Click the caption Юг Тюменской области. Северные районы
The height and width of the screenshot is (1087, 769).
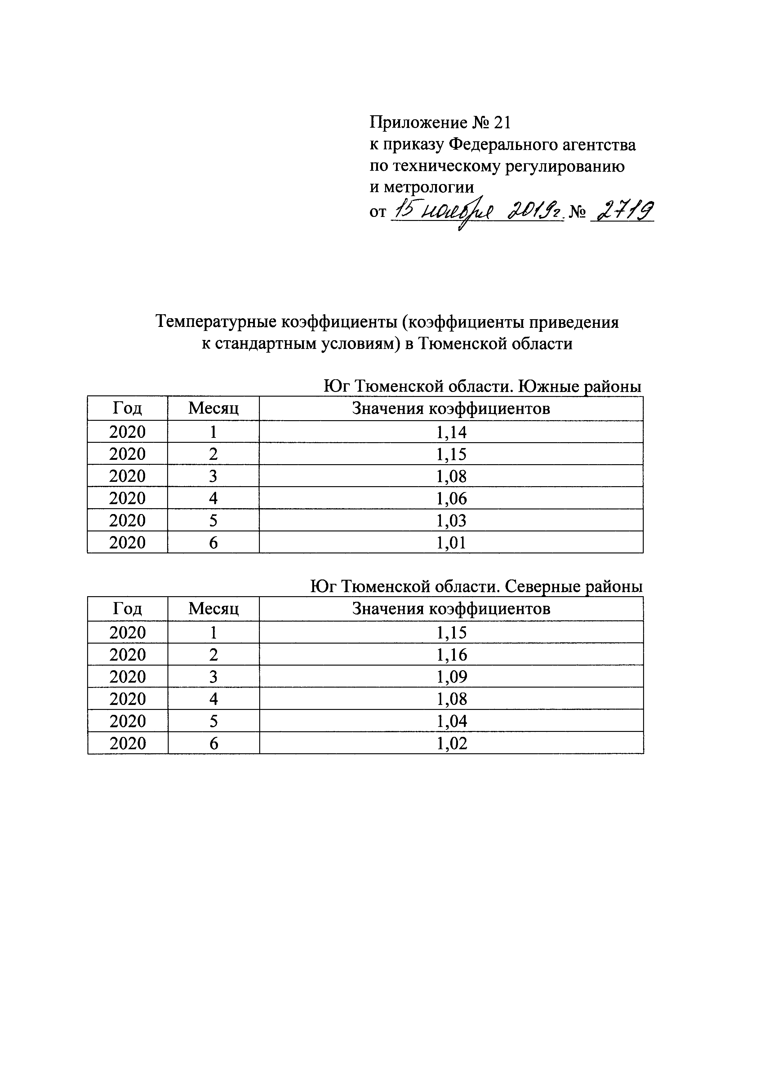(476, 587)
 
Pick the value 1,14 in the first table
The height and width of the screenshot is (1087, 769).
(451, 432)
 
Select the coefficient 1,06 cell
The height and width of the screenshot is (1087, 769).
(451, 498)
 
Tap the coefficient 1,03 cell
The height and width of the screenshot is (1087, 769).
(451, 520)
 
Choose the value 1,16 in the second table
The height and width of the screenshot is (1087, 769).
(451, 655)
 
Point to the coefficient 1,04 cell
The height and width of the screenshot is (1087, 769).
(451, 721)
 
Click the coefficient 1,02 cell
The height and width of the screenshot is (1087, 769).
(451, 743)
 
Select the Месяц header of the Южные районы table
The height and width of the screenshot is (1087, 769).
(213, 408)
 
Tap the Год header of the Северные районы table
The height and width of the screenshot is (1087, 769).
(127, 608)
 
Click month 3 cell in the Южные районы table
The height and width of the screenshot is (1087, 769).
(213, 476)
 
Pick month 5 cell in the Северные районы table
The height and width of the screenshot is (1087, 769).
(214, 721)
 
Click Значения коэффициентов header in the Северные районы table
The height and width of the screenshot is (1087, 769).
(451, 608)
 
